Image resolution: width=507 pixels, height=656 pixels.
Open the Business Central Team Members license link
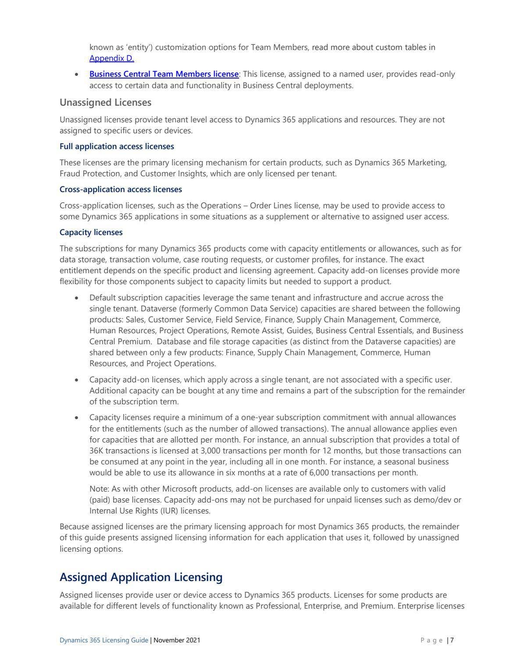coord(164,74)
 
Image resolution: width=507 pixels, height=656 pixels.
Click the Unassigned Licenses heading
coord(105,102)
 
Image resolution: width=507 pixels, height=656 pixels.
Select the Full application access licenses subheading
coord(117,146)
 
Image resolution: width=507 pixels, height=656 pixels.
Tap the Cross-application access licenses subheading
coord(121,189)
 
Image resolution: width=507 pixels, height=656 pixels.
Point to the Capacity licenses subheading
coord(91,232)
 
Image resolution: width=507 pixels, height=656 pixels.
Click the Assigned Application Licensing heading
coord(141,577)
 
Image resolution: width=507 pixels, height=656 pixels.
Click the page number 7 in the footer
coord(452,640)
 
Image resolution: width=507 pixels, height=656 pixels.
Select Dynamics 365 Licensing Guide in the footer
coord(104,640)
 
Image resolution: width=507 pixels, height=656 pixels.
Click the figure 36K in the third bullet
coord(96,451)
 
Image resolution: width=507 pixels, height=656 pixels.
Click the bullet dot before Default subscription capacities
coord(77,298)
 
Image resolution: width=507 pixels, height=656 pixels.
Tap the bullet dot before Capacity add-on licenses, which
coord(77,380)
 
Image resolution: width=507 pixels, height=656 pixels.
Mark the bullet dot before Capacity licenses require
coord(77,418)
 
